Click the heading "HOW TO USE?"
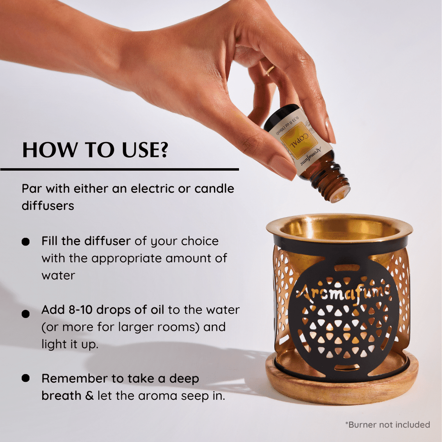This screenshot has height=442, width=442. point(95,150)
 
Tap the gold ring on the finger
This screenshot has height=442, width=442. point(270,71)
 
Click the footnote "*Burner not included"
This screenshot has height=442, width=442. point(387,424)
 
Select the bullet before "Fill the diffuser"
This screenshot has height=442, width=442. point(26,242)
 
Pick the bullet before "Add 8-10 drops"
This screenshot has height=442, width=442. point(26,314)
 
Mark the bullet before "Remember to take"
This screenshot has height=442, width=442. point(26,378)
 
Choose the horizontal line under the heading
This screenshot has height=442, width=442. point(119,169)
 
